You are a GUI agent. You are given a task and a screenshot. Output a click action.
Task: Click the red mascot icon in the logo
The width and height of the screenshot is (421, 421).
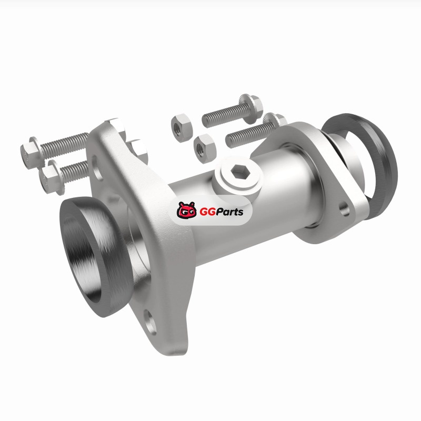coord(186,210)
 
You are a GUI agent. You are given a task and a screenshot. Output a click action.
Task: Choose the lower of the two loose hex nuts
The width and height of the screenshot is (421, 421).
coord(204,148)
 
